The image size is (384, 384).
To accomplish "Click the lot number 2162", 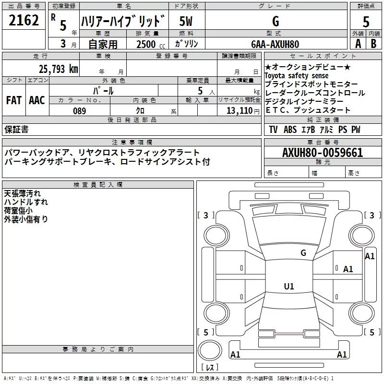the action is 24,21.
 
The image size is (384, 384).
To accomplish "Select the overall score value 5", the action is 366,22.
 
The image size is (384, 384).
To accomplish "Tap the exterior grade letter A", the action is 358,43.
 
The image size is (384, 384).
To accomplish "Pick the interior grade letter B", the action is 373,43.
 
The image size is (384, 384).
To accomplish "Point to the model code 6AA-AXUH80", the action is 275,44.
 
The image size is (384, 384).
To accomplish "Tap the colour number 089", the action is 79,111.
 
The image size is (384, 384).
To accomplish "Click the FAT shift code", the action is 13,100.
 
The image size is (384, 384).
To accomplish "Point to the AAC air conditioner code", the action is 37,100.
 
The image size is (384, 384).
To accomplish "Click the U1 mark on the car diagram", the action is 288,287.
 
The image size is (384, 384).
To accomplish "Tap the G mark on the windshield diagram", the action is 303,253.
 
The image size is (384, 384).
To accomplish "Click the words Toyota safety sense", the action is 297,76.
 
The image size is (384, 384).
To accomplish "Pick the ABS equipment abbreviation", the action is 290,130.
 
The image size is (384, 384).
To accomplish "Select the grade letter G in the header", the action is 275,22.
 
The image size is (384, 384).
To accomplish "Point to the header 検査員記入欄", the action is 98,184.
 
